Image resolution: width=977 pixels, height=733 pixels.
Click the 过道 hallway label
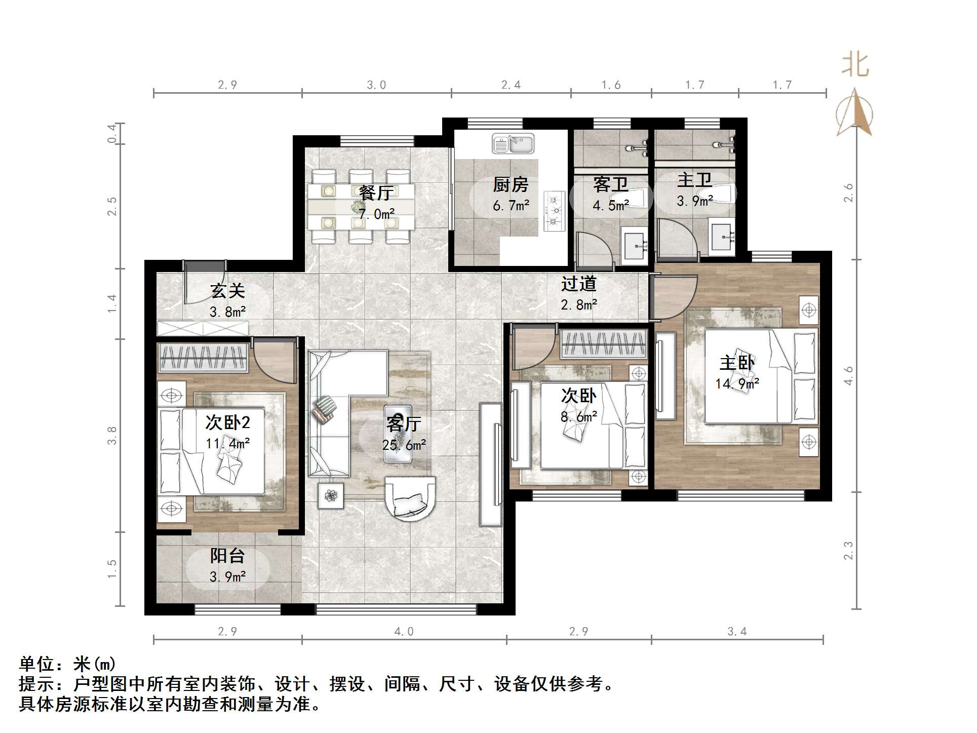(579, 284)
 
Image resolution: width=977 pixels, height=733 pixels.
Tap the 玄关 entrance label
(228, 291)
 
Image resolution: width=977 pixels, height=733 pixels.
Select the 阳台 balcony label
(227, 556)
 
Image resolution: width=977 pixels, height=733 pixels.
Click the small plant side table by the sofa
(331, 496)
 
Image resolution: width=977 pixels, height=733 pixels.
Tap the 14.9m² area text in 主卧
(737, 384)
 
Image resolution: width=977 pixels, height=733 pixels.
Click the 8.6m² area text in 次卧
(579, 417)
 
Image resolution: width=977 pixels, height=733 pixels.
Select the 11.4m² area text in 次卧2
(227, 444)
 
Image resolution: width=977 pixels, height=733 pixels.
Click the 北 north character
(855, 65)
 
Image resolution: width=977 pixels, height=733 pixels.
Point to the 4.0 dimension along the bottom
(404, 632)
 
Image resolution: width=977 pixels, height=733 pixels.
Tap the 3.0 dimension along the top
(376, 85)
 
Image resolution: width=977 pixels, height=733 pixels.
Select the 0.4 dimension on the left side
(112, 134)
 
